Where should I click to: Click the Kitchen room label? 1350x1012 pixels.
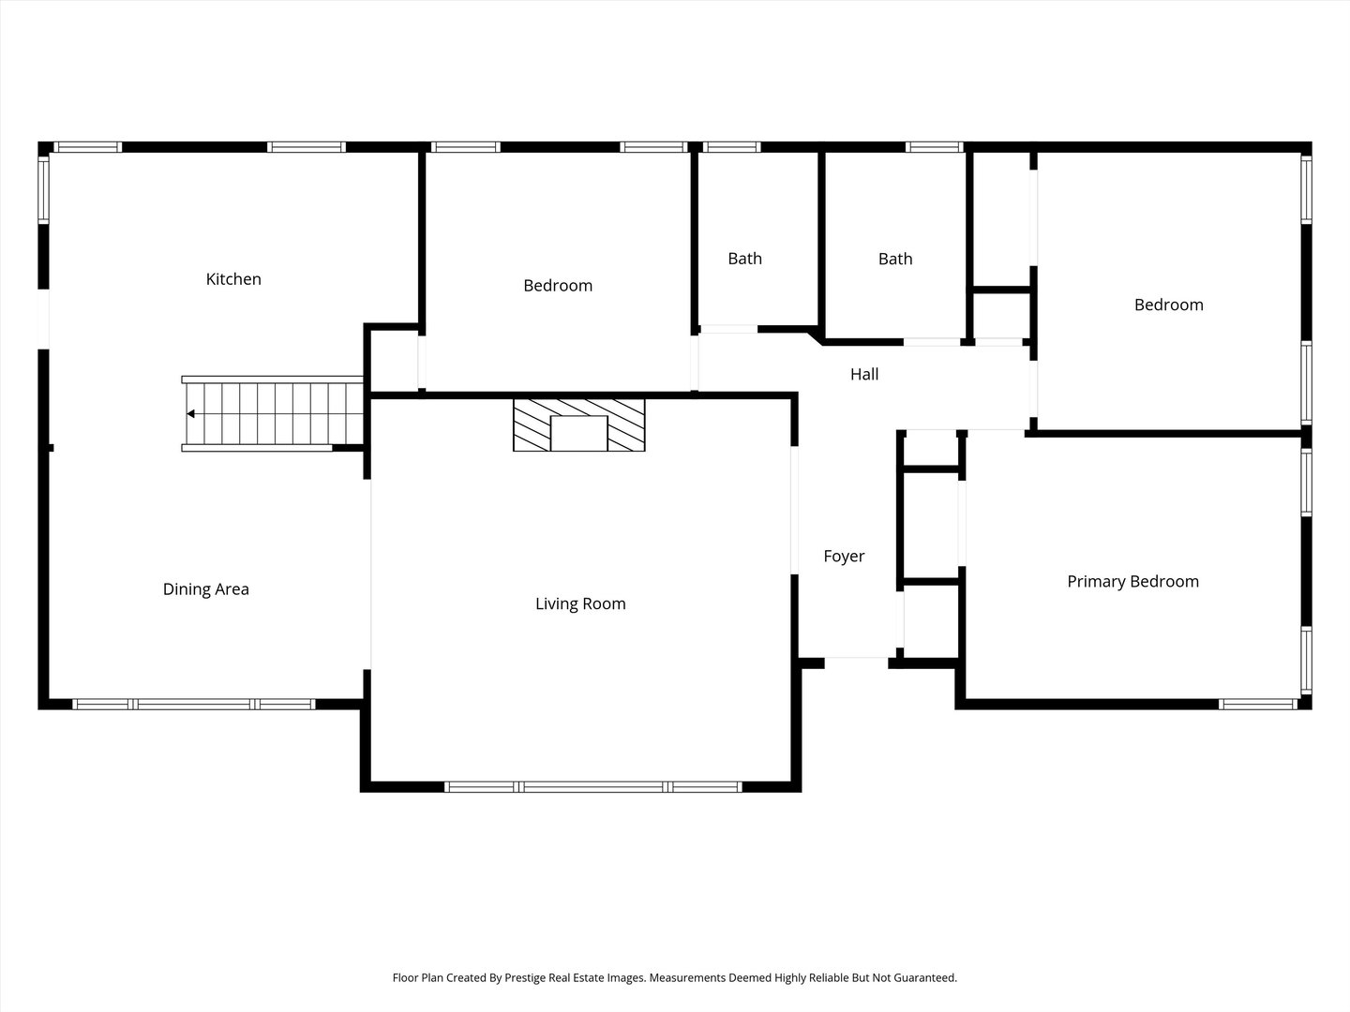[233, 279]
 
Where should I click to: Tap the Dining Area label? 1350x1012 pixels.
[205, 589]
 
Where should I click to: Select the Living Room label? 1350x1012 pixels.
[580, 604]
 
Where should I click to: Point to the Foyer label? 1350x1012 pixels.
[844, 556]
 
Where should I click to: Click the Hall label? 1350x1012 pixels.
[864, 374]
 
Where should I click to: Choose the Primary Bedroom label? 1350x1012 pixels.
[1132, 582]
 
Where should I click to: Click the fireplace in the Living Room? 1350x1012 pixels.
[579, 425]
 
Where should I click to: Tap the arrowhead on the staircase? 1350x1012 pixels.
[190, 414]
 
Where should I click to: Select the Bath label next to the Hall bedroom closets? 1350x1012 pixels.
[895, 259]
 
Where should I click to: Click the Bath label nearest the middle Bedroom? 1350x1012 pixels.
[744, 259]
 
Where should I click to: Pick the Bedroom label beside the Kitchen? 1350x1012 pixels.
[558, 286]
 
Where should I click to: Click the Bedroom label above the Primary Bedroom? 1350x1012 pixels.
[1168, 305]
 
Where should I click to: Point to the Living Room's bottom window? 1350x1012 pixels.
[593, 787]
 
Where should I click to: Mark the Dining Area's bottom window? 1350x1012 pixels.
[194, 704]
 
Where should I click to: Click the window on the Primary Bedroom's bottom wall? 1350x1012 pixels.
[1258, 704]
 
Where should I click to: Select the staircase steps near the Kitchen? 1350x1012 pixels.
[275, 413]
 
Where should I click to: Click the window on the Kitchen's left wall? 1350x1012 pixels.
[44, 190]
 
